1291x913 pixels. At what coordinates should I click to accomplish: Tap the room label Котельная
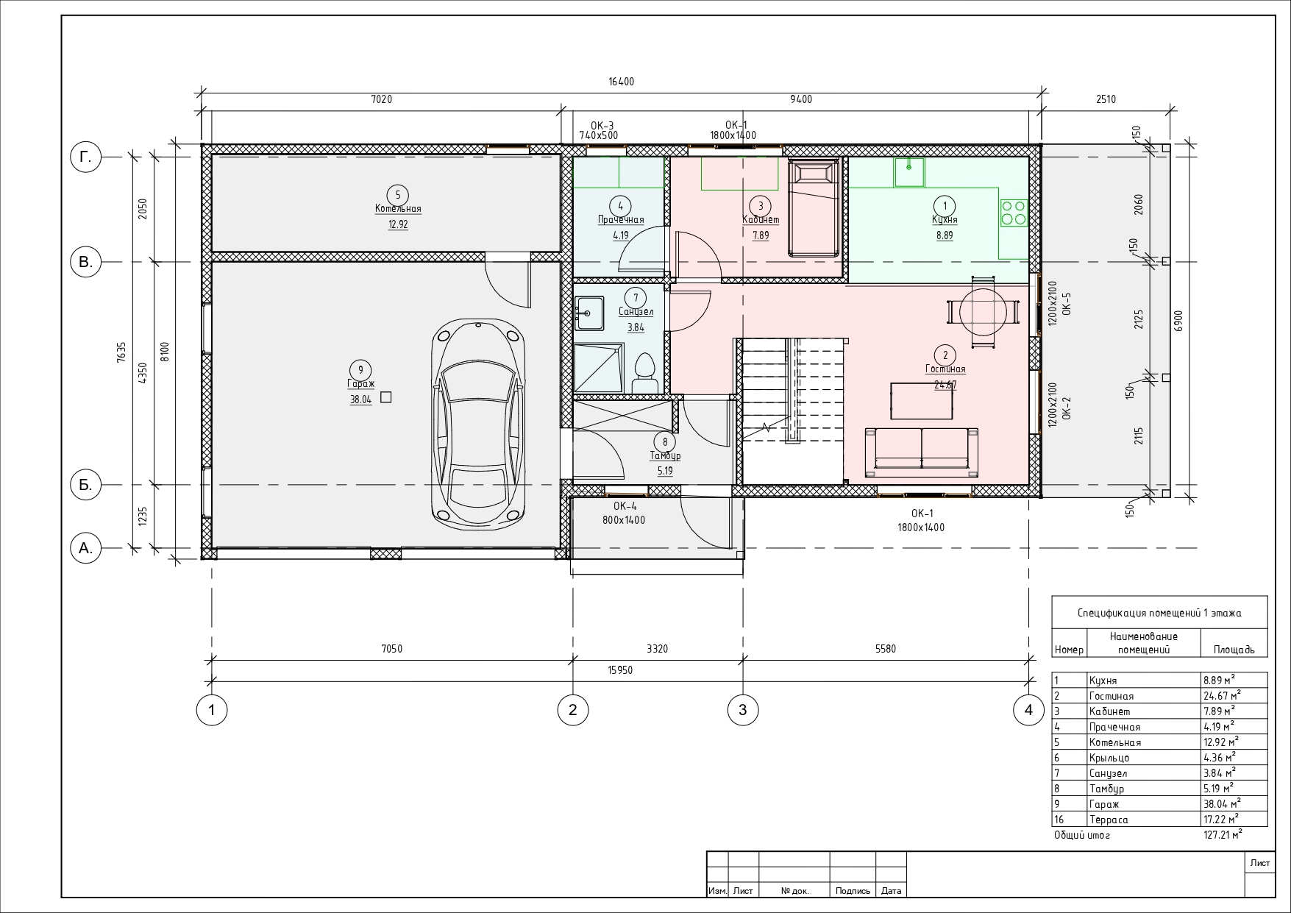coord(398,209)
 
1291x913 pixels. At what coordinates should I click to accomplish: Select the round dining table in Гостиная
coord(983,312)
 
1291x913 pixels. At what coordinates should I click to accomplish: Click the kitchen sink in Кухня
coord(910,172)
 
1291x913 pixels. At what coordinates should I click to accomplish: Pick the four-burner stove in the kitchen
coord(1013,213)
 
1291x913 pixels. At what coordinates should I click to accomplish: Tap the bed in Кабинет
coord(814,208)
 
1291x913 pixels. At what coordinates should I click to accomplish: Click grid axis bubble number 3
coord(742,710)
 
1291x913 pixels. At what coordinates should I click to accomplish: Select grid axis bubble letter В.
coord(86,262)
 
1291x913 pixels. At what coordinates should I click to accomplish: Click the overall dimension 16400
coord(621,82)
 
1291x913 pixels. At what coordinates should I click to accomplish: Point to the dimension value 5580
coord(886,649)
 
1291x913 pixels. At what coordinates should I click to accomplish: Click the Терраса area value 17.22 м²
coord(1220,819)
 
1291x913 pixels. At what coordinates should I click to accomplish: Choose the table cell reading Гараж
coord(1104,804)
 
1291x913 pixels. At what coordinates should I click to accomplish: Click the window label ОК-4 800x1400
coord(625,514)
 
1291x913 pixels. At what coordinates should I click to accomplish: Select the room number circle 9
coord(360,370)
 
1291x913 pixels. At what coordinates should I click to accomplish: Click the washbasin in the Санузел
coord(589,313)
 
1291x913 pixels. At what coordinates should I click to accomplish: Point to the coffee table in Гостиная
coord(922,400)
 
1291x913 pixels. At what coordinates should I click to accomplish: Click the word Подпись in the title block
coord(853,891)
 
